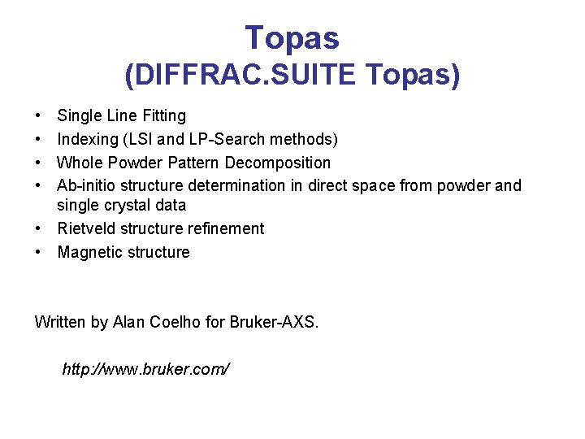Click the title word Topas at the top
coord(292,37)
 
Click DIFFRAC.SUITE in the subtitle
coord(240,76)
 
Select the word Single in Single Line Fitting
coord(80,116)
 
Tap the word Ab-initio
coord(86,186)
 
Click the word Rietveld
coord(86,228)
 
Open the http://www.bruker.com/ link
coord(146,369)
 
